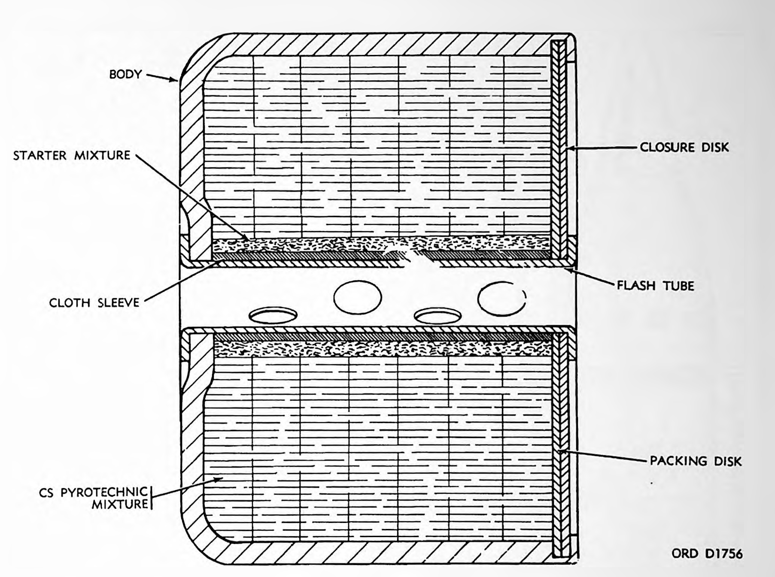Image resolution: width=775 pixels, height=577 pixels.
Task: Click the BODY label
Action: coord(125,74)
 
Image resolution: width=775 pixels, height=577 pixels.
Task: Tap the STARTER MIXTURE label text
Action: coord(71,155)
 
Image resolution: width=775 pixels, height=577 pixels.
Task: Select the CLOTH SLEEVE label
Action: coord(94,302)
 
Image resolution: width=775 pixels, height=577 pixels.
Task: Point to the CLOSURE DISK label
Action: coord(684,147)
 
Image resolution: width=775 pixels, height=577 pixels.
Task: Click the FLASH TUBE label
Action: coord(655,285)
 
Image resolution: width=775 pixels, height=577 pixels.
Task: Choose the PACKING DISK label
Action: coord(696,461)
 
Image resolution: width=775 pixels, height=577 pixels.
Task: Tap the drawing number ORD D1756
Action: coord(707,553)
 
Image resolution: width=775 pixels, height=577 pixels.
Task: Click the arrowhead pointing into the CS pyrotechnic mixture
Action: coord(216,480)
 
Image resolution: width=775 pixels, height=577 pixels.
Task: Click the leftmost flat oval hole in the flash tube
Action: coord(273,315)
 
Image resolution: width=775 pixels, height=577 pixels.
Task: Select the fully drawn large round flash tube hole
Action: coord(357,297)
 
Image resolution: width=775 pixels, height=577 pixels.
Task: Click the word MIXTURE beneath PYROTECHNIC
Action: coord(120,504)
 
